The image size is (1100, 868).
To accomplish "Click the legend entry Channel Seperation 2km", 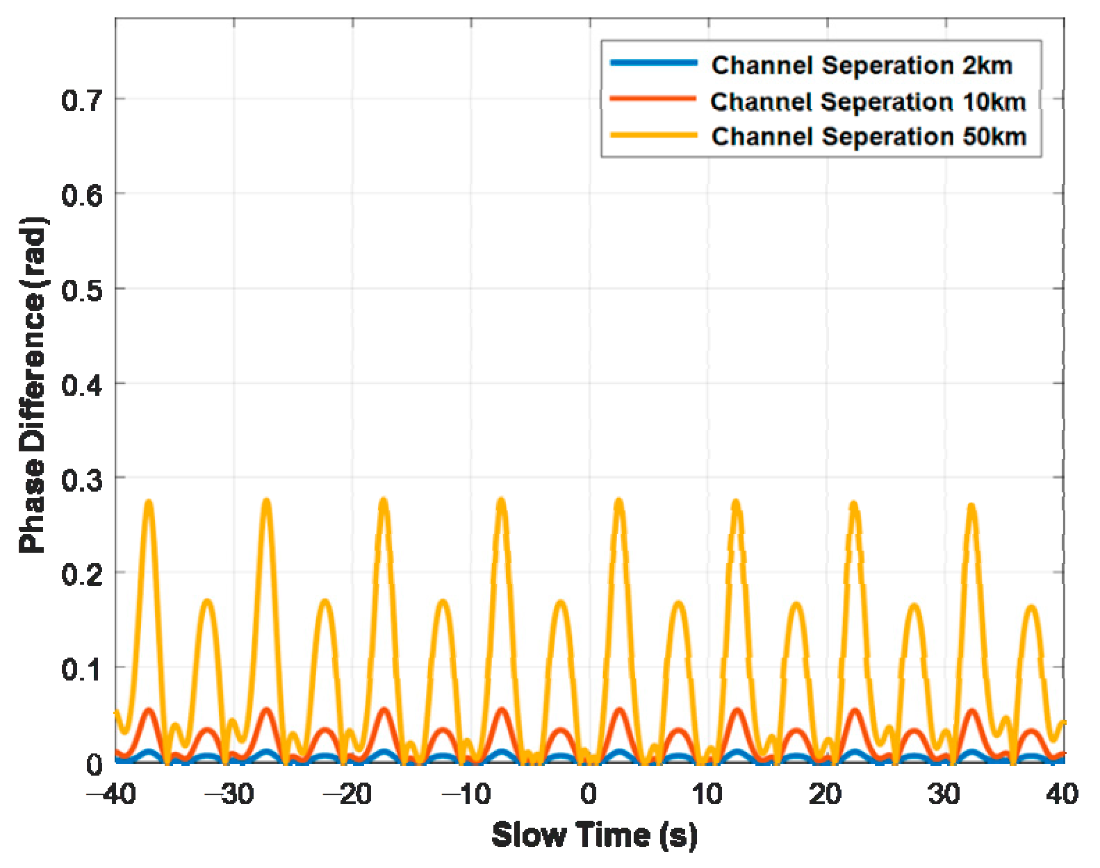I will [862, 65].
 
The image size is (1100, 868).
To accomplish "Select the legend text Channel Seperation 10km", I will [868, 101].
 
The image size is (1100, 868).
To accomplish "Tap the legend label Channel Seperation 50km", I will [869, 136].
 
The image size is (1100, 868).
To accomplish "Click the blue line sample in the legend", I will [653, 63].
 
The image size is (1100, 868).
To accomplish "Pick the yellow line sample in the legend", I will [653, 135].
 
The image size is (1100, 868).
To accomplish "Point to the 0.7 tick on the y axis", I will [82, 101].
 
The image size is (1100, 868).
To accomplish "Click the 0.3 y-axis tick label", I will [82, 480].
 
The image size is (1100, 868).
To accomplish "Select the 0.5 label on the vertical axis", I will [82, 290].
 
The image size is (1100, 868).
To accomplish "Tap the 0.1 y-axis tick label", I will [82, 669].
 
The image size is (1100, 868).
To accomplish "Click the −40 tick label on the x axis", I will [111, 793].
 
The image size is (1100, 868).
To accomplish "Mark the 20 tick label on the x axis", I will [826, 793].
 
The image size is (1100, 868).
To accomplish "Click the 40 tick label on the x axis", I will [1062, 793].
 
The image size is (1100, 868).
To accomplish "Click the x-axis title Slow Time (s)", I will [594, 835].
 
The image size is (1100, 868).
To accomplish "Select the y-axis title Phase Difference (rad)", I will [32, 385].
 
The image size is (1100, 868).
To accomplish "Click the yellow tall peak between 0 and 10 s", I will [619, 501].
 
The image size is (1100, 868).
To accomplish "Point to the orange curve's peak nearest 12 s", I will [737, 711].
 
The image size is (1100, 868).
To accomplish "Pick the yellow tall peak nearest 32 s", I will [971, 506].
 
